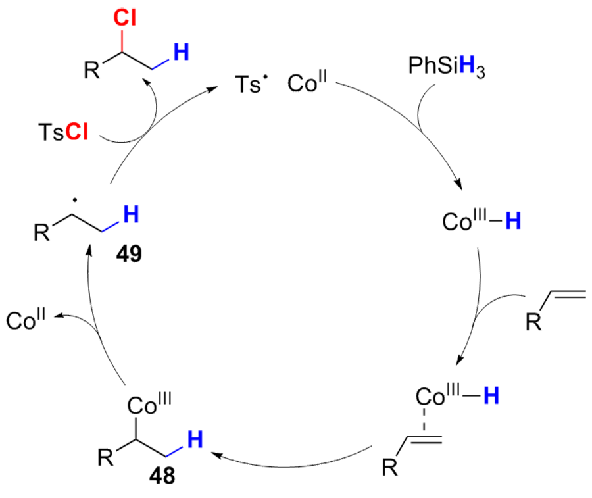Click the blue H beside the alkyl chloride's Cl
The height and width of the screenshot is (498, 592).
click(182, 50)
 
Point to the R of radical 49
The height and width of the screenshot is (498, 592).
click(41, 232)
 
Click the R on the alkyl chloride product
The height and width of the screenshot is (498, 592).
click(93, 70)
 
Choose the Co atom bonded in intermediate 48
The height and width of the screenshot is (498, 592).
click(139, 405)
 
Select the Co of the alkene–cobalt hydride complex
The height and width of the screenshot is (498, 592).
click(431, 397)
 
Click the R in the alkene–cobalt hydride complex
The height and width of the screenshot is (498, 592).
click(390, 468)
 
